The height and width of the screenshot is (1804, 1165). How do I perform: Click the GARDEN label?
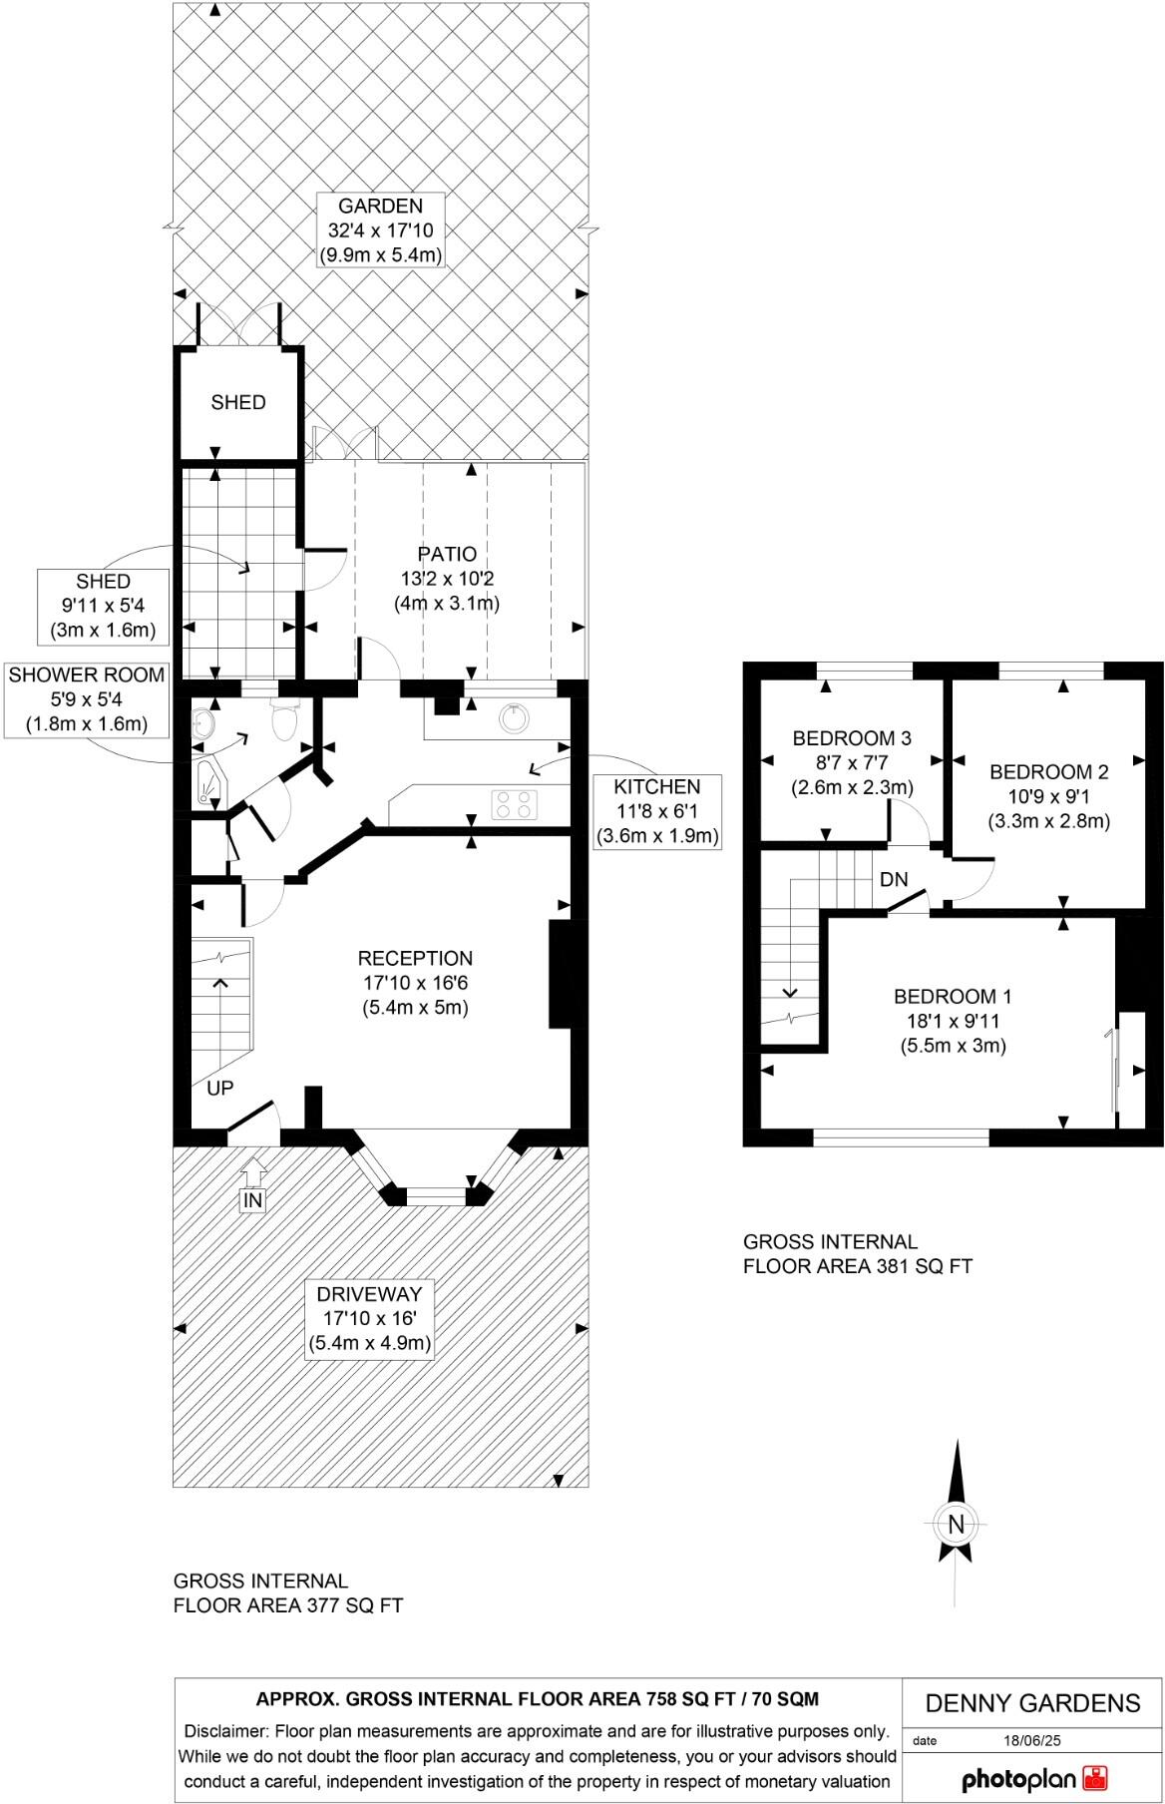380,207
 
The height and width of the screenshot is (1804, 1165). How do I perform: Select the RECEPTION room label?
415,958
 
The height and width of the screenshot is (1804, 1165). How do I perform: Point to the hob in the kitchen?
515,804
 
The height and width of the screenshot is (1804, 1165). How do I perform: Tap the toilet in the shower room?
283,719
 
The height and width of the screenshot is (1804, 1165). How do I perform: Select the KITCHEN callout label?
656,786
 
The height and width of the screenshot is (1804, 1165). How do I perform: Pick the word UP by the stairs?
219,1088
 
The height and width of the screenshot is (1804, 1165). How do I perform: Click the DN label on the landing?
894,879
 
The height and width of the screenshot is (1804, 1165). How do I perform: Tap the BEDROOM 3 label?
852,738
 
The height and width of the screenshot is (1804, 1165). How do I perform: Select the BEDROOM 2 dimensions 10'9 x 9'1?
1049,797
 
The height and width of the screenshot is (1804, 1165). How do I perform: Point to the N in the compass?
957,1524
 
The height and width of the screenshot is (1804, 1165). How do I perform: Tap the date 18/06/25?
1031,1740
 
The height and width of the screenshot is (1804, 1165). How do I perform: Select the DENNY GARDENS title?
1032,1702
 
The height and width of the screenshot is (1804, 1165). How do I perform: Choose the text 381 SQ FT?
924,1266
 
